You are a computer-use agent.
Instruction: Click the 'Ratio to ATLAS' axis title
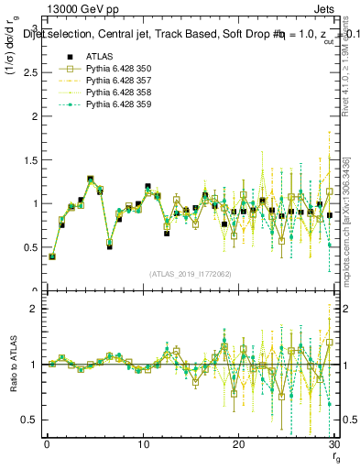[13, 365]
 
